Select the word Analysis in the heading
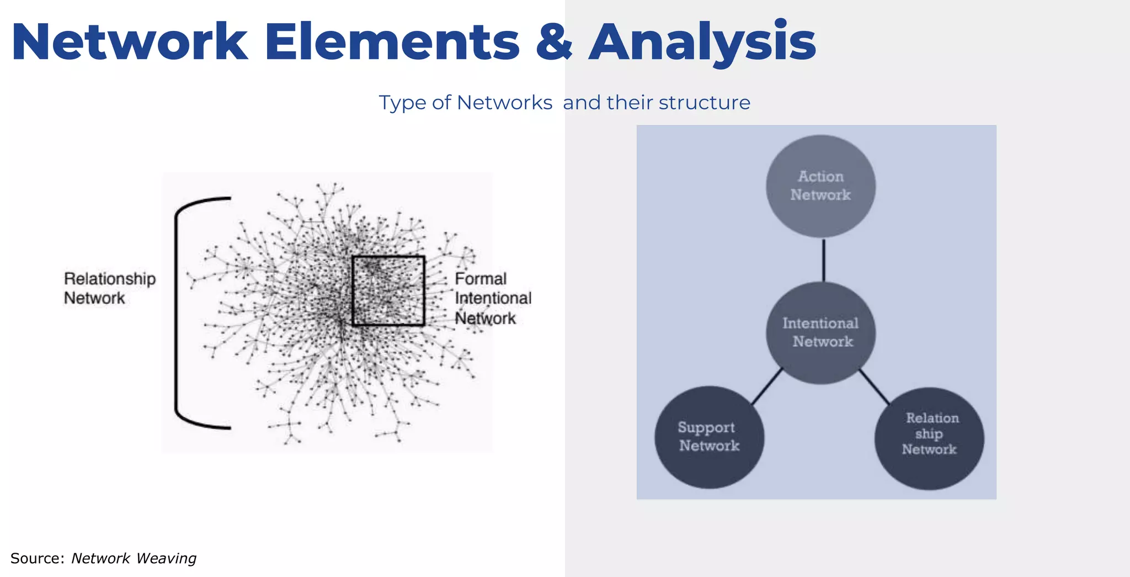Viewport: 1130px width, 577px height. pyautogui.click(x=702, y=43)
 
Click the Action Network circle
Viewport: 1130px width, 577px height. pyautogui.click(x=820, y=186)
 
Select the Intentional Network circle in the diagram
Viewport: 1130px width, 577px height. pyautogui.click(x=820, y=333)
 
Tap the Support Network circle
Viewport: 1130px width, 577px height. pyautogui.click(x=709, y=437)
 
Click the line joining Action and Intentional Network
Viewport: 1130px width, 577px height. pyautogui.click(x=823, y=260)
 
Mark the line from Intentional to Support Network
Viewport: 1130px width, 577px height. pyautogui.click(x=767, y=386)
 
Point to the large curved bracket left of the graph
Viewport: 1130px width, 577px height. pyautogui.click(x=177, y=313)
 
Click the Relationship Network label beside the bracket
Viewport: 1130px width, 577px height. pyautogui.click(x=109, y=288)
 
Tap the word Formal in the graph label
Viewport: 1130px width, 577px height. pyautogui.click(x=480, y=279)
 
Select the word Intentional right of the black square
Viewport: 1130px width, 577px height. pyautogui.click(x=493, y=298)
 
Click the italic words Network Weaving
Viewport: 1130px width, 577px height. pyautogui.click(x=134, y=558)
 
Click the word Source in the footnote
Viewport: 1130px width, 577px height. pyautogui.click(x=37, y=558)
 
